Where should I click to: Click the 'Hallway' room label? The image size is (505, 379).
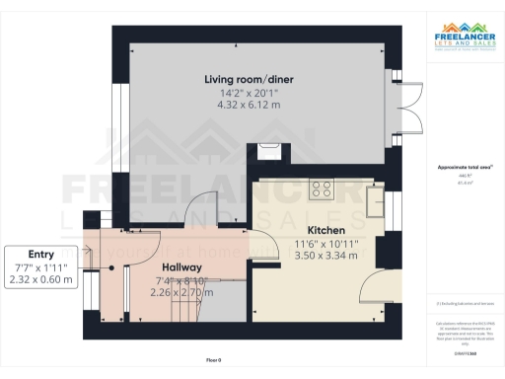pos(182,267)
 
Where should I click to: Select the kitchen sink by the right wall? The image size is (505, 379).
pos(376,201)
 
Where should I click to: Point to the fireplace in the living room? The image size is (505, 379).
pos(265,150)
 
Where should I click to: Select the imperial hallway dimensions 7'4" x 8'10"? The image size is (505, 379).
pos(182,280)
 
